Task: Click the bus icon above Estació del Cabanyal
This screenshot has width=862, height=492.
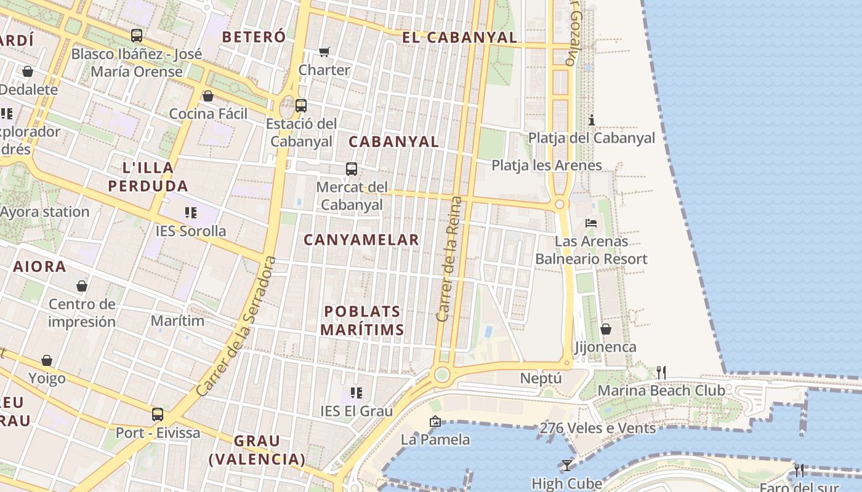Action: coord(301,105)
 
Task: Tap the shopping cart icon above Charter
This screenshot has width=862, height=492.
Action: coord(324,52)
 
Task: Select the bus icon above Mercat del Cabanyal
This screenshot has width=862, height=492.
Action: coord(352,169)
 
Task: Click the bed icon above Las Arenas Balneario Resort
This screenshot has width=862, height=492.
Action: coord(591,223)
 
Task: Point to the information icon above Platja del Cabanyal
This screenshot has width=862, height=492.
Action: coord(592,119)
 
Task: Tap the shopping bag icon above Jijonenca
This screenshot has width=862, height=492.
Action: coord(606,329)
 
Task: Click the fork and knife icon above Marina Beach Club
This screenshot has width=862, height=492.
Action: coord(661,372)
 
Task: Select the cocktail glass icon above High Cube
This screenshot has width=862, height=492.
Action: coord(566,466)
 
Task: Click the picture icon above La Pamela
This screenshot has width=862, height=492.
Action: coord(435,421)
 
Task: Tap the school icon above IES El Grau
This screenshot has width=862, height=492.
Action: coord(356,392)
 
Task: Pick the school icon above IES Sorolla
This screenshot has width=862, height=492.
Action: coord(191,213)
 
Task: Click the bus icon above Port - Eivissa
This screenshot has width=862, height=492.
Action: coord(158,415)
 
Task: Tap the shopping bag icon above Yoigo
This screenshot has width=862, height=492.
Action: coord(47,360)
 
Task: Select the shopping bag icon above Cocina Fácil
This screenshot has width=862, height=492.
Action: coord(208,96)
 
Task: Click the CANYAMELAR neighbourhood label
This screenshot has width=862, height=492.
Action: coord(361,240)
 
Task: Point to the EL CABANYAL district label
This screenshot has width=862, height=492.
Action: coord(459,38)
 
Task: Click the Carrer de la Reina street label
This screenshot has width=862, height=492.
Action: coord(448,258)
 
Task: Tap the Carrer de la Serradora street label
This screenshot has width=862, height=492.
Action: coord(236,327)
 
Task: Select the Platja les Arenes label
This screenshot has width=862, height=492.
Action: coord(547,165)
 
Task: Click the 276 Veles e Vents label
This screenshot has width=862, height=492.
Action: coord(597,428)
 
